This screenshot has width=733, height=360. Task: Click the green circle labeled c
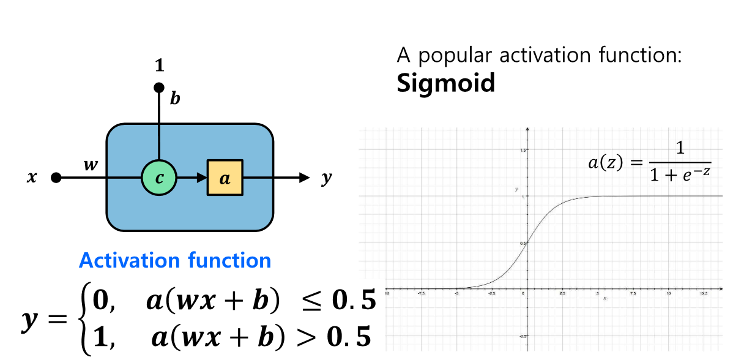click(x=159, y=178)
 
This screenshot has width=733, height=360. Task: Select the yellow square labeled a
click(x=225, y=178)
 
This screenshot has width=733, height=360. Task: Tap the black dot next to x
click(x=56, y=178)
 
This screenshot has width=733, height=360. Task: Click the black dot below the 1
click(x=159, y=88)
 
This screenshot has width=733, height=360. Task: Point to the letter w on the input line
click(x=91, y=166)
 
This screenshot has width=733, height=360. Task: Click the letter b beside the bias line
click(x=175, y=99)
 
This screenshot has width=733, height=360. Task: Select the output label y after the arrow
click(x=327, y=178)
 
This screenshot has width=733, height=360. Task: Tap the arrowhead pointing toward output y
click(x=304, y=178)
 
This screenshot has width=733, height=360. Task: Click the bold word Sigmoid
click(x=445, y=83)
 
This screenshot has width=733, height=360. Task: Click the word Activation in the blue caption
click(x=126, y=261)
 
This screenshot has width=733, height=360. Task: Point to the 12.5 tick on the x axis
click(x=704, y=294)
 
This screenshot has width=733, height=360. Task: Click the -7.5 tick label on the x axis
click(x=421, y=294)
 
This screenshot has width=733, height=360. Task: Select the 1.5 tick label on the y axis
click(x=523, y=150)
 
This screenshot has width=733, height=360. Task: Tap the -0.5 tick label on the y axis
click(x=521, y=336)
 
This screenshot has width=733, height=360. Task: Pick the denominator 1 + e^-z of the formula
click(x=680, y=174)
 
